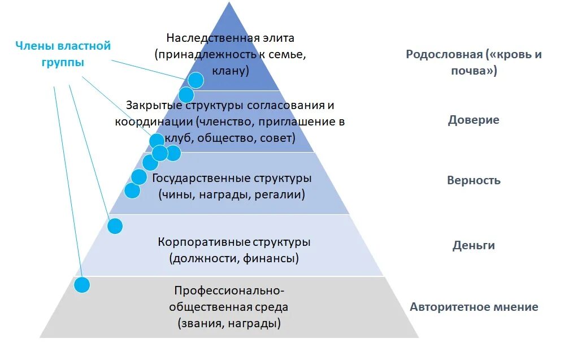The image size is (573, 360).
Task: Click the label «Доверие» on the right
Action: pyautogui.click(x=474, y=120)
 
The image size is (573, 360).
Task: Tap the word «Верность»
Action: pyautogui.click(x=474, y=181)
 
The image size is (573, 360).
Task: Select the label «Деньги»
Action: pyautogui.click(x=474, y=245)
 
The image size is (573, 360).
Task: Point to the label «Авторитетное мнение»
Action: pyautogui.click(x=474, y=307)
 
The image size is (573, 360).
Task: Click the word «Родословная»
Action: pyautogui.click(x=444, y=54)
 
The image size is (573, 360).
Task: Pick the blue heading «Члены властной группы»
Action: pyautogui.click(x=63, y=54)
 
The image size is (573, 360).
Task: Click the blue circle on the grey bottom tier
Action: pyautogui.click(x=83, y=285)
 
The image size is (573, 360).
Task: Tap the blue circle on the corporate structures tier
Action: pyautogui.click(x=115, y=226)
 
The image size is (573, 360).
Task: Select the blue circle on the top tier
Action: pyautogui.click(x=196, y=80)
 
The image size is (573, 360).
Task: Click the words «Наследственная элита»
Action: pyautogui.click(x=230, y=38)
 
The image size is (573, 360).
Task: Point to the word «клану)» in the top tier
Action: pyautogui.click(x=231, y=71)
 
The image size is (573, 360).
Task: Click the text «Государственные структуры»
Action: pyautogui.click(x=232, y=178)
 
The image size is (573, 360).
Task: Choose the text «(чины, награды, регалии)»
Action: pyautogui.click(x=232, y=194)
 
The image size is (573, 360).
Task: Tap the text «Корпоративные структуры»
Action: pyautogui.click(x=234, y=242)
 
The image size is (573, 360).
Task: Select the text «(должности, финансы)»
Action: pyautogui.click(x=234, y=259)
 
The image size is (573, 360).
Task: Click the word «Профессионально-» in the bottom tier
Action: pyautogui.click(x=229, y=290)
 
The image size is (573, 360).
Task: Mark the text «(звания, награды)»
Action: pyautogui.click(x=229, y=324)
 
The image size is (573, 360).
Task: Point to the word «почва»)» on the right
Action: pyautogui.click(x=474, y=71)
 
